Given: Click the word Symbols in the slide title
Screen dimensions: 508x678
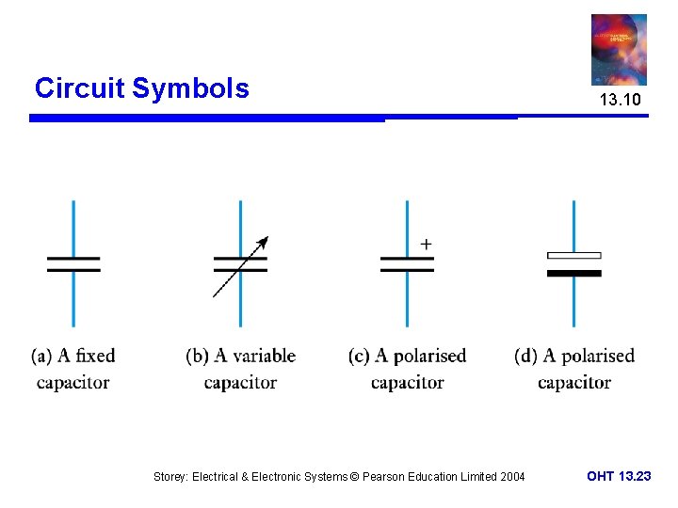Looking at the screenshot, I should pyautogui.click(x=190, y=88).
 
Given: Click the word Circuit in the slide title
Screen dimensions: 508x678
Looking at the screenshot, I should pyautogui.click(x=79, y=88).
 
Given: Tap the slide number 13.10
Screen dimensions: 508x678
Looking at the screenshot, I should pyautogui.click(x=620, y=100).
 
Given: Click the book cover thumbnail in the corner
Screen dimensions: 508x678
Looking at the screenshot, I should pyautogui.click(x=619, y=49).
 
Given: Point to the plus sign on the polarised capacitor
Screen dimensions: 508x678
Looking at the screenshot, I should pyautogui.click(x=426, y=244).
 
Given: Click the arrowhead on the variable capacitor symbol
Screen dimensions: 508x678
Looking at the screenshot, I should pyautogui.click(x=264, y=241).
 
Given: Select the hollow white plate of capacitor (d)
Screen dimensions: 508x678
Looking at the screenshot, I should pyautogui.click(x=573, y=255).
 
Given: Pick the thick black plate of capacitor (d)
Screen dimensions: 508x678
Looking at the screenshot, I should pyautogui.click(x=573, y=273).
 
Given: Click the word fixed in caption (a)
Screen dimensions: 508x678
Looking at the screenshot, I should pyautogui.click(x=94, y=356).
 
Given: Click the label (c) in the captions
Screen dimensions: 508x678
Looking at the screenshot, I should pyautogui.click(x=358, y=356).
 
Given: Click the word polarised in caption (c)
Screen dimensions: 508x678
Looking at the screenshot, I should pyautogui.click(x=429, y=356).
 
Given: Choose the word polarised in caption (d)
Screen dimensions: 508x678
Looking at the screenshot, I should pyautogui.click(x=597, y=356).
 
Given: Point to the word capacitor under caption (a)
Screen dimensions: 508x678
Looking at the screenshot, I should pyautogui.click(x=73, y=382).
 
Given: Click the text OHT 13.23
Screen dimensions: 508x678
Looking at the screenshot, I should pyautogui.click(x=619, y=476).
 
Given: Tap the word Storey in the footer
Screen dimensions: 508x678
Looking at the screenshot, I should pyautogui.click(x=170, y=477).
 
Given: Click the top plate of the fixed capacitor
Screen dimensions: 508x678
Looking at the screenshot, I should pyautogui.click(x=73, y=257).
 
